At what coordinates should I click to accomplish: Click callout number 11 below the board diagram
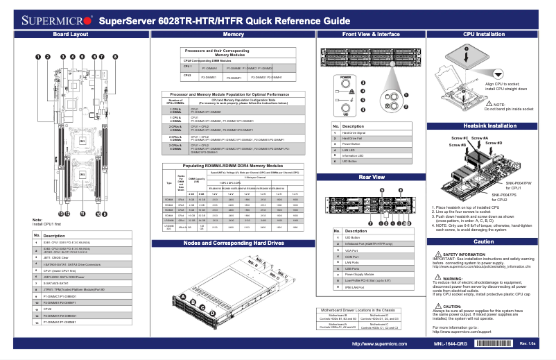tap(82, 214)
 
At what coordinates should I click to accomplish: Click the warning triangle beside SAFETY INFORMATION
tap(437, 255)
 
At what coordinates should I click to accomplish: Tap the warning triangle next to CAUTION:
tap(437, 306)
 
